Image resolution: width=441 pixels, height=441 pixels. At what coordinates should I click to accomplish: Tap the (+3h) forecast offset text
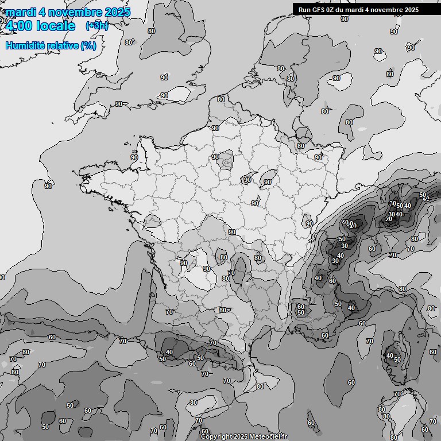pos(96,25)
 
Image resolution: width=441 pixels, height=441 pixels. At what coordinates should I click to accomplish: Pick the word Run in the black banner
pos(304,10)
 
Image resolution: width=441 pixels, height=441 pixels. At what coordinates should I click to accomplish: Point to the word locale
pos(56,26)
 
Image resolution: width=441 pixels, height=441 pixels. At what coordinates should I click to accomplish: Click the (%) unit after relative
pos(88,45)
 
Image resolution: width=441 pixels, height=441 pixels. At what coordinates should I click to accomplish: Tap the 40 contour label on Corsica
pos(390,355)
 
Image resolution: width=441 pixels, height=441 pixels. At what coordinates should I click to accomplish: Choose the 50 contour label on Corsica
pos(397,359)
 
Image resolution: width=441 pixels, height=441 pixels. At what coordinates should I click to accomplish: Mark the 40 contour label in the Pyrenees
pos(169,352)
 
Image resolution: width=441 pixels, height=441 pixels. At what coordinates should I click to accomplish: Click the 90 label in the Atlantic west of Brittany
pos(48,185)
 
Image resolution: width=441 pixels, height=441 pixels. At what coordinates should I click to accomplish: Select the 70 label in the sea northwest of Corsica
pos(369,341)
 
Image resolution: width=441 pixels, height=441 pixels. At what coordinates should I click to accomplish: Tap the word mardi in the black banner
pos(355,10)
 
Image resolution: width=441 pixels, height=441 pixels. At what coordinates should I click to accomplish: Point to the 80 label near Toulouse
pos(223,310)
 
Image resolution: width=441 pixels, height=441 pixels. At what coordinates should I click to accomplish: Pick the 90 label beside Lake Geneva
pos(309,223)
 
